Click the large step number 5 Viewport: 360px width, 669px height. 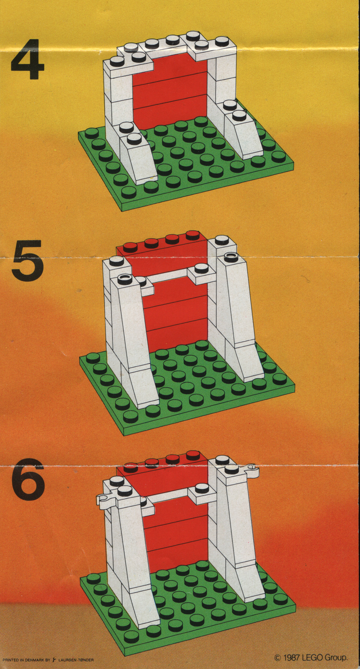pos(28,259)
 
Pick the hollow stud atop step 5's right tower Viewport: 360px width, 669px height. pos(231,255)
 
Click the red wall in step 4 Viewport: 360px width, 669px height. pos(170,93)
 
